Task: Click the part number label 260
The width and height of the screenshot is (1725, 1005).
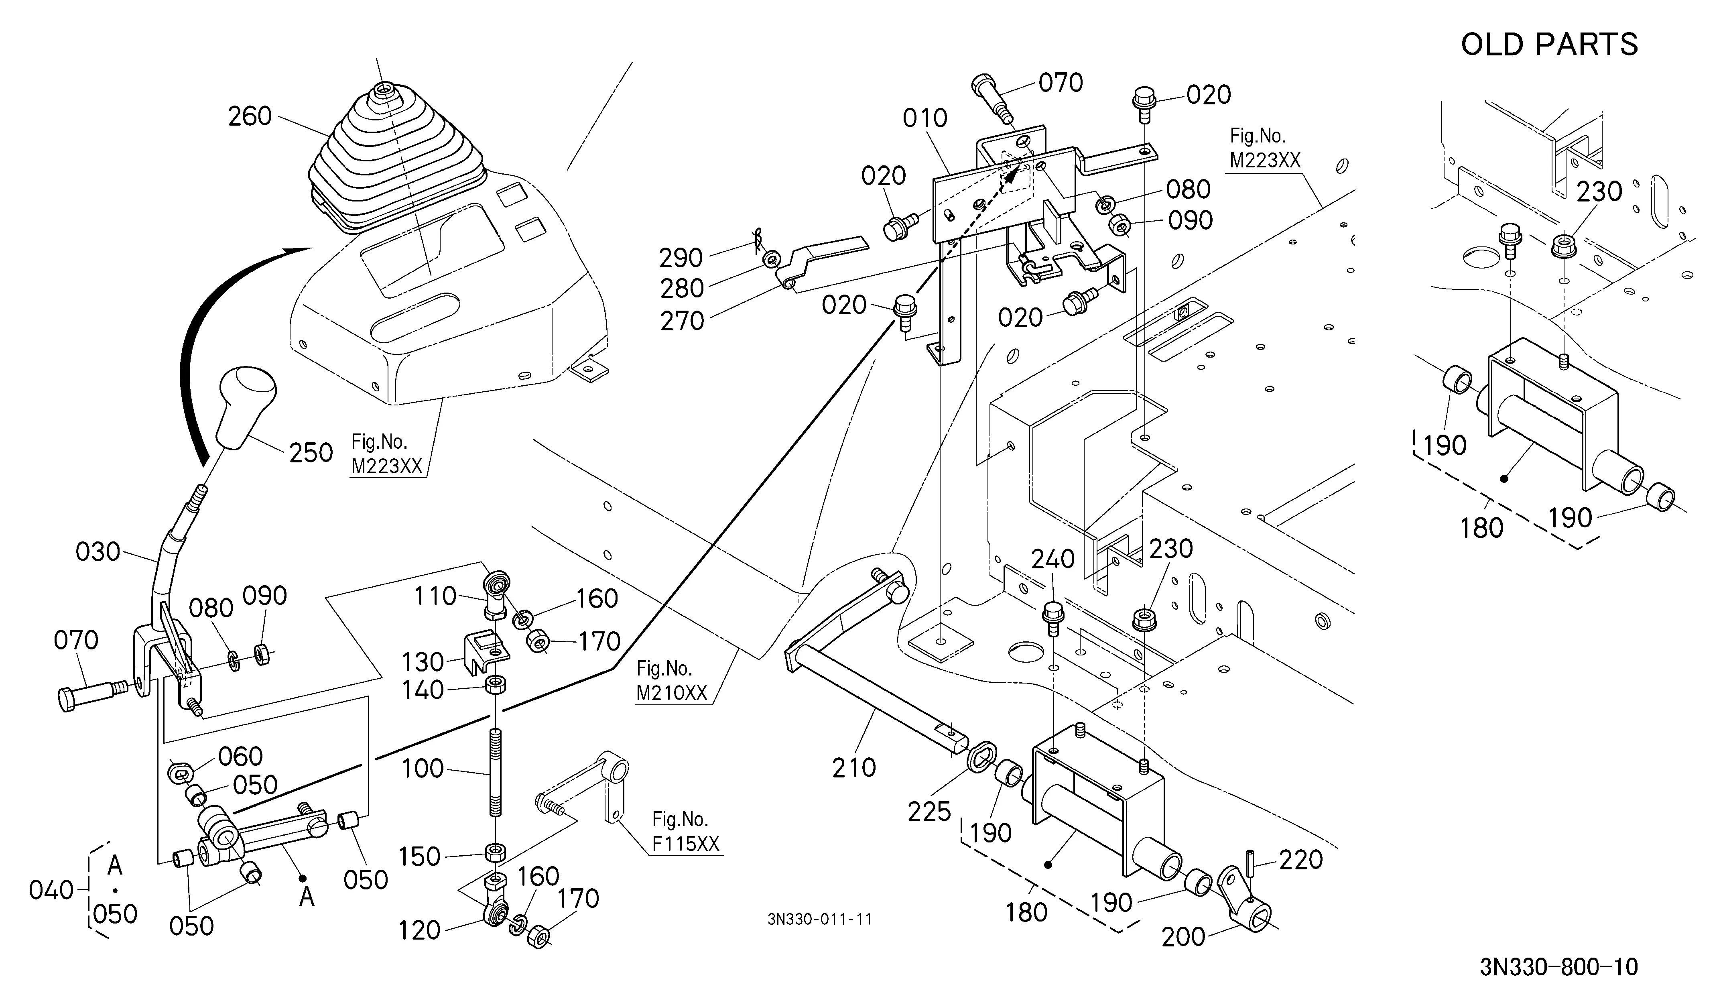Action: tap(250, 116)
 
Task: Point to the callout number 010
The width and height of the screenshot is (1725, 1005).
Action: tap(925, 118)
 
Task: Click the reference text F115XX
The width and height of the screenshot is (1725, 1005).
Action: tap(686, 844)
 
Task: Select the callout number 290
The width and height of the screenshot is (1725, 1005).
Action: tap(681, 258)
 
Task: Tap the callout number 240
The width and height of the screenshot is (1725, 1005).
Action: tap(1053, 559)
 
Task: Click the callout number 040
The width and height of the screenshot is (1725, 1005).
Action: tap(51, 890)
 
